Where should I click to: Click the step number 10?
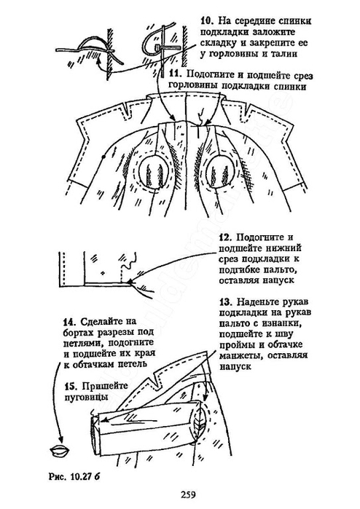[206, 21]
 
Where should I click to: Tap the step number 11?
[176, 74]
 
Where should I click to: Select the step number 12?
[225, 237]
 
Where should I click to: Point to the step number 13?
[225, 302]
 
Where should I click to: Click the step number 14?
[69, 322]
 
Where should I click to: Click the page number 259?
[188, 495]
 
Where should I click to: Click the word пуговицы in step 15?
[86, 398]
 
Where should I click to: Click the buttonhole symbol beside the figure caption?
[60, 451]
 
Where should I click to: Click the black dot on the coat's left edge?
[103, 157]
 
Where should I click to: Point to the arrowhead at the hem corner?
[130, 282]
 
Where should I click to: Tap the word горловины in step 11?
[192, 87]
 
